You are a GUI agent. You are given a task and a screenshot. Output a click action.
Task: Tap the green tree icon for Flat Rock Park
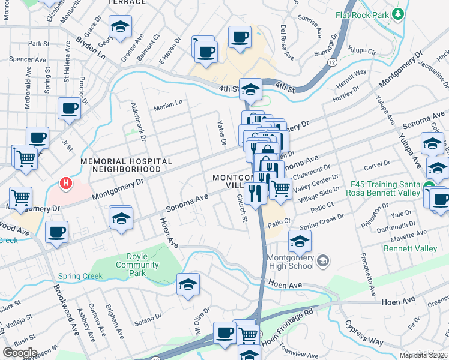[396, 13]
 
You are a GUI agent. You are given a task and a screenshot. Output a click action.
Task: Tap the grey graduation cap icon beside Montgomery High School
[323, 260]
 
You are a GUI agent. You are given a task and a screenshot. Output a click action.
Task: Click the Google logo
[20, 353]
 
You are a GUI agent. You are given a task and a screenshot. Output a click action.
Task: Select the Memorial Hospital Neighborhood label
[127, 166]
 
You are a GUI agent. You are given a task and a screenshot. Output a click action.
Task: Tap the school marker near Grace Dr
[120, 27]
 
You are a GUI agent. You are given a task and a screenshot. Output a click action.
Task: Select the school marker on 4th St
[250, 89]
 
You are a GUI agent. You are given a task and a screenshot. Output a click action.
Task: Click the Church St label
[242, 207]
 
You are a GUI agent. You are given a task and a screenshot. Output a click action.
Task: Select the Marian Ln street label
[168, 104]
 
